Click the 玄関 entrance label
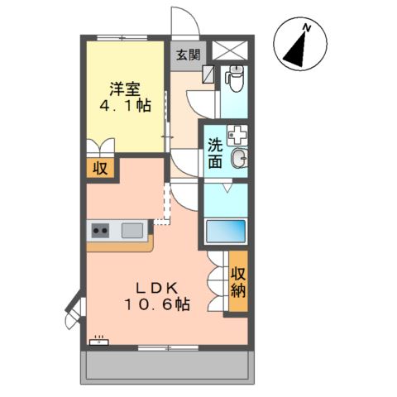(188, 55)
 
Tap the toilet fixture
(235, 79)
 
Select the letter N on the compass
(307, 27)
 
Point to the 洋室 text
(125, 88)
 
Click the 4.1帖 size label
(125, 105)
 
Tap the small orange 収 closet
(100, 168)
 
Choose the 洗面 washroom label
(215, 153)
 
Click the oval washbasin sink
(238, 159)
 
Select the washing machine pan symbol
(237, 135)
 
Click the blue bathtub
(226, 232)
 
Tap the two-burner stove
(100, 231)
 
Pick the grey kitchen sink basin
(132, 230)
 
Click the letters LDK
(157, 289)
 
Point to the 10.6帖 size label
(157, 304)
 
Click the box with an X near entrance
(230, 50)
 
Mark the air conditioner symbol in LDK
(99, 341)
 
